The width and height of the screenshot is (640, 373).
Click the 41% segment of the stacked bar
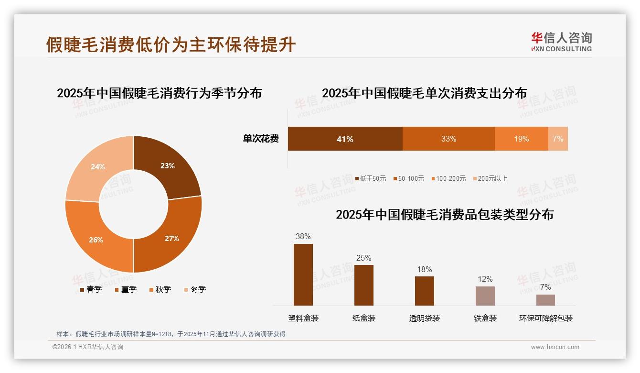coord(345,139)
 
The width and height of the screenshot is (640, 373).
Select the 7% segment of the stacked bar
coord(558,139)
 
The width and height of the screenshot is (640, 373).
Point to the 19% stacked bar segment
coord(521,139)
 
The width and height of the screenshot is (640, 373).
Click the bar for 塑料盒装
coord(303,274)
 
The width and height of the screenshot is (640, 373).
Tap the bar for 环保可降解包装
coord(545,300)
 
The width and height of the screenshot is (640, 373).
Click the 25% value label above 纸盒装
coord(363,258)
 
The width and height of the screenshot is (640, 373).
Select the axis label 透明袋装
coord(425,318)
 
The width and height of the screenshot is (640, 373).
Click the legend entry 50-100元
coord(409,178)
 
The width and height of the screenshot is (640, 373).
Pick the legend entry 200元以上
coord(491,178)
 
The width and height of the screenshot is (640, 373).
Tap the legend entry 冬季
coord(195,289)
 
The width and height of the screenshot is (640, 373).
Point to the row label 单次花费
coord(261,139)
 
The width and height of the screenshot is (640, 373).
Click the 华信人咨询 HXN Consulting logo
coord(561,42)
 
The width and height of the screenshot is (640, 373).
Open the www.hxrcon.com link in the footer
coord(555,347)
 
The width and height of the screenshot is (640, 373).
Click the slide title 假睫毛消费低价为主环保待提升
coord(171,44)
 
